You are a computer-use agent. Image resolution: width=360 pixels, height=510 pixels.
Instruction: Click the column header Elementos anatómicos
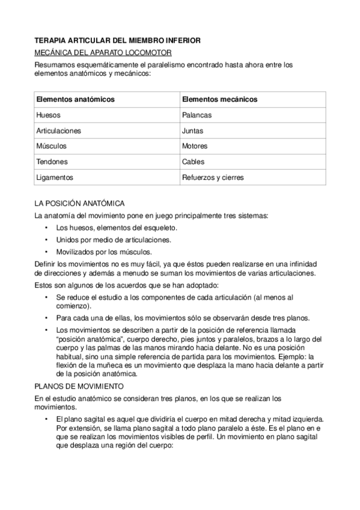(x=76, y=99)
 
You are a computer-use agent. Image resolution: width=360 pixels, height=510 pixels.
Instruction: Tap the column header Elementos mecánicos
(x=219, y=99)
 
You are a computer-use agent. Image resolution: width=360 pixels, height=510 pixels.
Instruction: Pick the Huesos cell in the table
(x=48, y=114)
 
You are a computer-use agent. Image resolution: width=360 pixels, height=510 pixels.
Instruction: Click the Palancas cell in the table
(x=195, y=114)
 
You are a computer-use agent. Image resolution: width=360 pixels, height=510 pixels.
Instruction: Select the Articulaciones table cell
(x=59, y=130)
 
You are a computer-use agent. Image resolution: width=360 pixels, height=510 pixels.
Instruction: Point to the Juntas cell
(x=192, y=130)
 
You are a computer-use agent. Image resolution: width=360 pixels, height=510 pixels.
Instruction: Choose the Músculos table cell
(x=51, y=146)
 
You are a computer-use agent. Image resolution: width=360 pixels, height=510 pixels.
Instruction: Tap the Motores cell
(x=194, y=146)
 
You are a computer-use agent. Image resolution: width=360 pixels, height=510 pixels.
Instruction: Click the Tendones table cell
(x=52, y=162)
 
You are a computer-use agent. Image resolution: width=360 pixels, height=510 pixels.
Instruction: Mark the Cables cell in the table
(x=193, y=162)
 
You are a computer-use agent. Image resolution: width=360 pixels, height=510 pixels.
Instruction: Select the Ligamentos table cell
(x=55, y=177)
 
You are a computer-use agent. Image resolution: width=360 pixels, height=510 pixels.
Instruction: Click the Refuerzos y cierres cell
(x=213, y=177)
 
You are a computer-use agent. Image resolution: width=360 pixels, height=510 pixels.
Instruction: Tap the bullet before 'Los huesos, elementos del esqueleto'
(x=46, y=228)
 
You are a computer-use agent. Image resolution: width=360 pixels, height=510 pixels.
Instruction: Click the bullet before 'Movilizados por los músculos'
(x=46, y=252)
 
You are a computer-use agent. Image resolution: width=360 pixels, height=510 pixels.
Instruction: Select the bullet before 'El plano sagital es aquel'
(x=46, y=419)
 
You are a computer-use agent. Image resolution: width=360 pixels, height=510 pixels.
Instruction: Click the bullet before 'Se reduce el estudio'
(x=46, y=297)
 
